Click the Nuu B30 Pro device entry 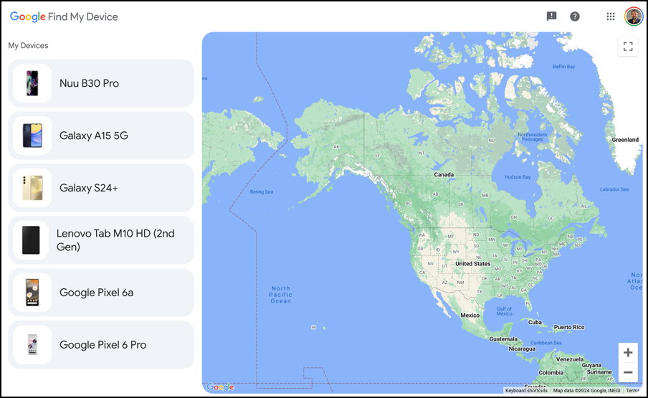pyautogui.click(x=101, y=83)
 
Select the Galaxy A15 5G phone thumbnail pyautogui.click(x=32, y=136)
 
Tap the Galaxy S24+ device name pyautogui.click(x=88, y=188)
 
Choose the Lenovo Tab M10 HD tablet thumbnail pyautogui.click(x=32, y=240)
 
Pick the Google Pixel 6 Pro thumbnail pyautogui.click(x=32, y=345)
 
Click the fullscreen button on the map pyautogui.click(x=628, y=47)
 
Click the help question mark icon pyautogui.click(x=575, y=16)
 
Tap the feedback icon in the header pyautogui.click(x=551, y=16)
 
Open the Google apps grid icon pyautogui.click(x=611, y=16)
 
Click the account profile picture pyautogui.click(x=634, y=16)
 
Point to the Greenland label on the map pyautogui.click(x=624, y=140)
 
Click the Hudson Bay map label pyautogui.click(x=518, y=177)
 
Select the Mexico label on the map pyautogui.click(x=470, y=316)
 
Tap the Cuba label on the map pyautogui.click(x=535, y=322)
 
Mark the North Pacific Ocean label pyautogui.click(x=280, y=295)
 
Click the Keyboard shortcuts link pyautogui.click(x=526, y=391)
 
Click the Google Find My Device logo pyautogui.click(x=64, y=16)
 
